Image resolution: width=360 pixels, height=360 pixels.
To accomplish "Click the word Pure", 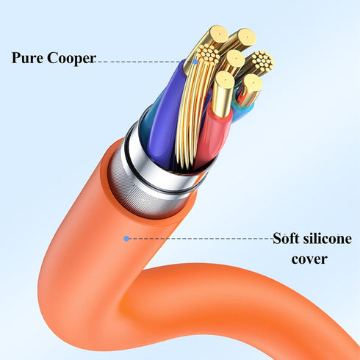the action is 27,57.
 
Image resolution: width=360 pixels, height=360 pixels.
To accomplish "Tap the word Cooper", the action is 71,59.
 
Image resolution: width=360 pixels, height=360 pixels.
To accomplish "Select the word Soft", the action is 286,238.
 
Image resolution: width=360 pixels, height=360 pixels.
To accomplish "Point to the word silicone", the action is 328,238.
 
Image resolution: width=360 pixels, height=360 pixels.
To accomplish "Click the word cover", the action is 309,259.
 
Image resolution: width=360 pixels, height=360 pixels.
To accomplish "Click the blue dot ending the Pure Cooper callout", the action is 195,62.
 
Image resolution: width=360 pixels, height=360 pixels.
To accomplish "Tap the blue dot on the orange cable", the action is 126,238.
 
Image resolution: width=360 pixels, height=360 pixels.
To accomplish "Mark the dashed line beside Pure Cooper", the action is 144,62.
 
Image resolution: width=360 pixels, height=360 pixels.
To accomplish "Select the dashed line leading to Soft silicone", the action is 201,238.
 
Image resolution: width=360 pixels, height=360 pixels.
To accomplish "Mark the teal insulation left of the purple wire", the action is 150,118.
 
